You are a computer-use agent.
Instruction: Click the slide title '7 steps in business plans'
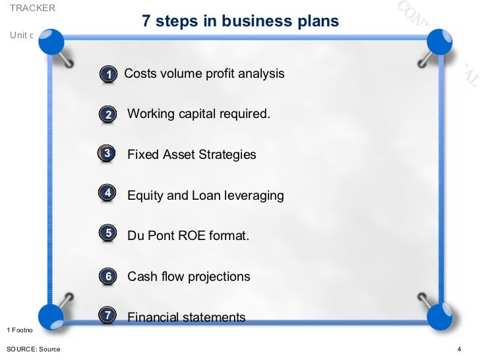(240, 21)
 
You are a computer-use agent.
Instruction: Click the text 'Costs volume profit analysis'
(204, 73)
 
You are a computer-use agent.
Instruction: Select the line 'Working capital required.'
(198, 114)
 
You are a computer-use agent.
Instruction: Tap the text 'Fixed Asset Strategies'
(191, 155)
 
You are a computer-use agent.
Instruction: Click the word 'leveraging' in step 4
(254, 196)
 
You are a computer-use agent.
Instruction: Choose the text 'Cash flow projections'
(189, 276)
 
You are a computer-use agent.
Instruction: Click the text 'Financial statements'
(186, 317)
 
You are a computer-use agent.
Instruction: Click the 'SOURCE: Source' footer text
(33, 349)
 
